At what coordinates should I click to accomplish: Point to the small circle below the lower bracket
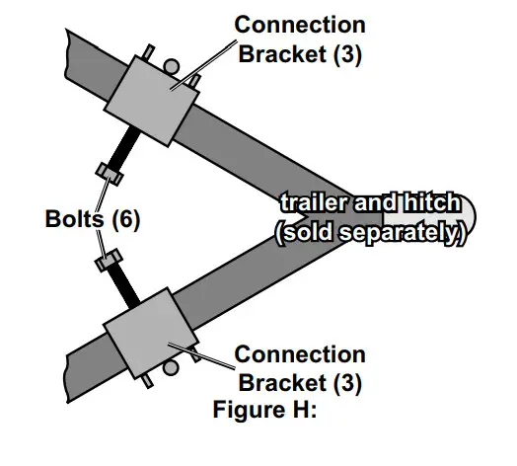169,368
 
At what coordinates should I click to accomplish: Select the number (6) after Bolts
123,218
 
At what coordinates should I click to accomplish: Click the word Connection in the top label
300,24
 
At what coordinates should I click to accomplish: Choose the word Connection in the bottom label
300,354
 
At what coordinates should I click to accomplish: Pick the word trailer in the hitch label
315,202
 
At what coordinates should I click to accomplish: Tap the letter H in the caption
297,410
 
